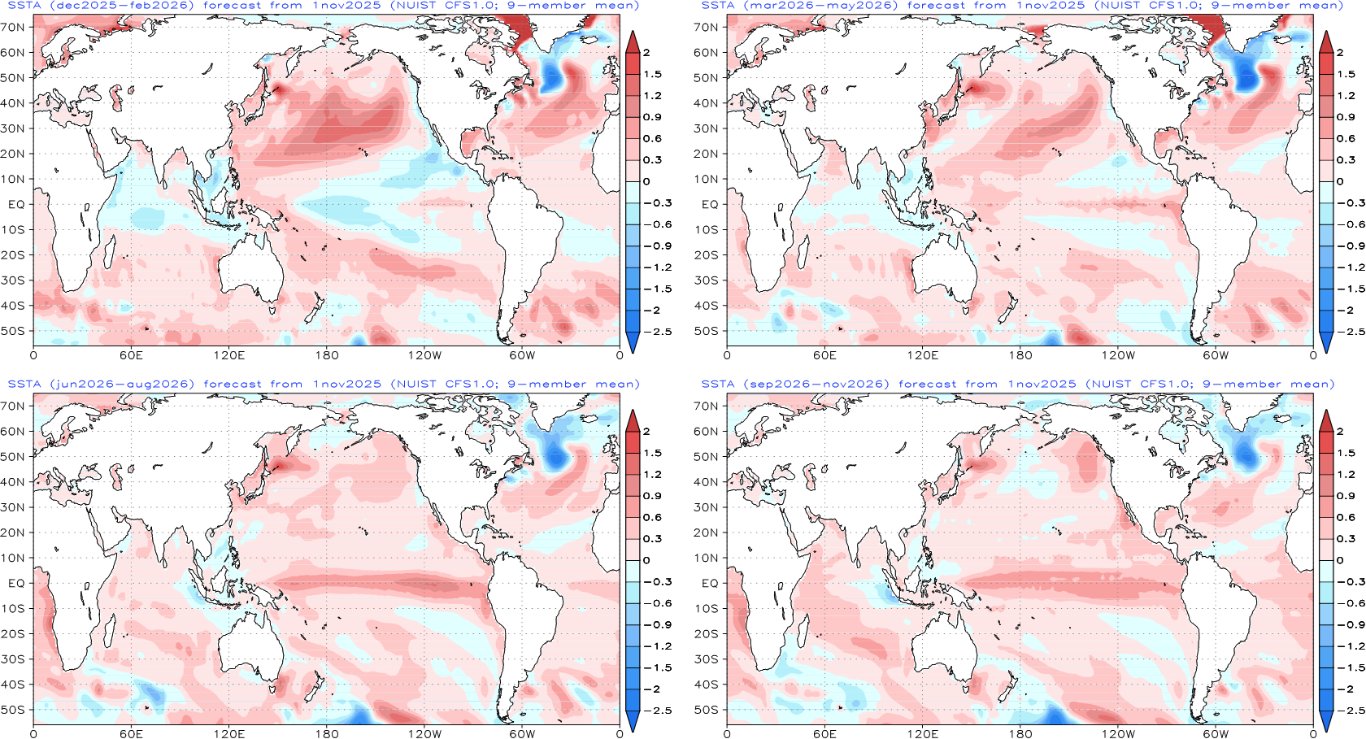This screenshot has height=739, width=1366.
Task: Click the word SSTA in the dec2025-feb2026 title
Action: [24, 6]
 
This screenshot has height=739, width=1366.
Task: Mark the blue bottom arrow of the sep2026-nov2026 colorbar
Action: [1326, 720]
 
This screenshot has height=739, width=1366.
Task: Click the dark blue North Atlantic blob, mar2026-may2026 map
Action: [1246, 77]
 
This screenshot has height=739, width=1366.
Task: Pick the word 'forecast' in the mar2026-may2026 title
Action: [937, 6]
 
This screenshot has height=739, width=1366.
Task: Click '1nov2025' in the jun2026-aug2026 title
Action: [347, 385]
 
